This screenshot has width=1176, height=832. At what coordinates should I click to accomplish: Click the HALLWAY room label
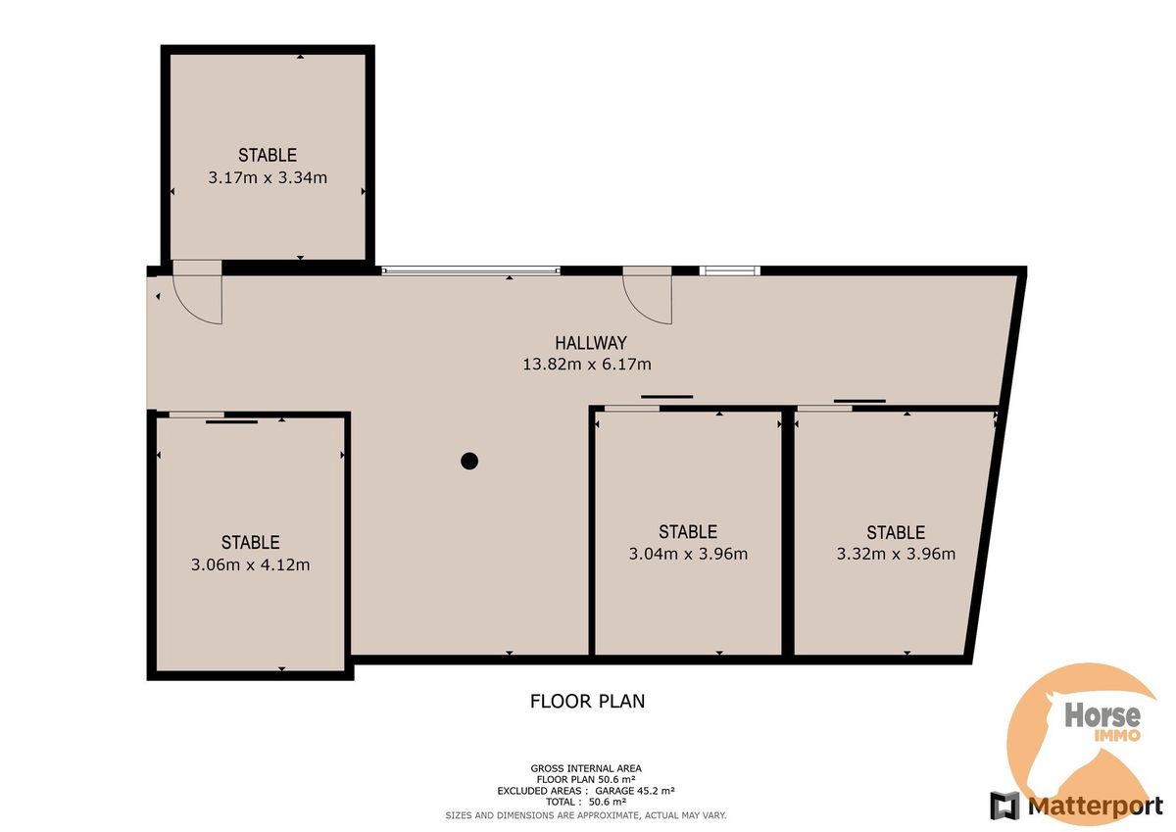591,343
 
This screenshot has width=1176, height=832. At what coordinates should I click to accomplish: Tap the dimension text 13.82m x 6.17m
586,365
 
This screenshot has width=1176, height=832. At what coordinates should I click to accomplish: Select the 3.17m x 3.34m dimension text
268,177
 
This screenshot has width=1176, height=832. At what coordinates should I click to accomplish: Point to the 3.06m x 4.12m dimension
251,564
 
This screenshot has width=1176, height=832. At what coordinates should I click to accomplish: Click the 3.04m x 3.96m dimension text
688,554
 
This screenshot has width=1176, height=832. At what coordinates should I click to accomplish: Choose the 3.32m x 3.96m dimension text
896,554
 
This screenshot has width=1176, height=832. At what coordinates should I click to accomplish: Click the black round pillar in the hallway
469,461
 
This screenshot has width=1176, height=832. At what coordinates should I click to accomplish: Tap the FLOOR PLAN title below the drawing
587,702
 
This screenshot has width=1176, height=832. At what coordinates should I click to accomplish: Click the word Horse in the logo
1102,715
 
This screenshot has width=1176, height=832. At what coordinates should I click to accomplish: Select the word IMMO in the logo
1117,735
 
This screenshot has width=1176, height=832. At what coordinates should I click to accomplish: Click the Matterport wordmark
1096,806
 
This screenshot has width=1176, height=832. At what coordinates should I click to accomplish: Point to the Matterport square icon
1004,806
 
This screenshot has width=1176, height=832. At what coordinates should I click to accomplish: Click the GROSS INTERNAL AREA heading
586,769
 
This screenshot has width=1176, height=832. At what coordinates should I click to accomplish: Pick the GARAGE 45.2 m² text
635,791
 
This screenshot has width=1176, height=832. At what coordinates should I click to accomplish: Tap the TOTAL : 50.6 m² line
586,802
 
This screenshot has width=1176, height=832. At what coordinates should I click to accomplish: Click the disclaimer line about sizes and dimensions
586,815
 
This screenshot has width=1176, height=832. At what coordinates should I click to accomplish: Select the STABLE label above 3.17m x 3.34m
268,156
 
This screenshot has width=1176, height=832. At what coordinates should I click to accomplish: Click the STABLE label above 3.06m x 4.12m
251,542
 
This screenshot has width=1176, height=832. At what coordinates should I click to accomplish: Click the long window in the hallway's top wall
471,270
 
